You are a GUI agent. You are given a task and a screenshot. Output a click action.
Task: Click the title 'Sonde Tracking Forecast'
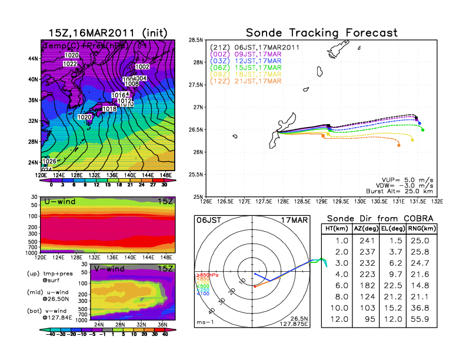321,32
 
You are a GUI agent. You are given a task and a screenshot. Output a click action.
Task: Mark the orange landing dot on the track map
399,145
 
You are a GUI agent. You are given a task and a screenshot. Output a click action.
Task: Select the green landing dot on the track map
423,129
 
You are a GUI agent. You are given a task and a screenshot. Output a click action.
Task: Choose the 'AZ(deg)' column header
365,228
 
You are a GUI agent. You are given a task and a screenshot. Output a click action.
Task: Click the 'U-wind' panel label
59,202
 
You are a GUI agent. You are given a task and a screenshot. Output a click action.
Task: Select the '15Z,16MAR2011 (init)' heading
106,33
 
